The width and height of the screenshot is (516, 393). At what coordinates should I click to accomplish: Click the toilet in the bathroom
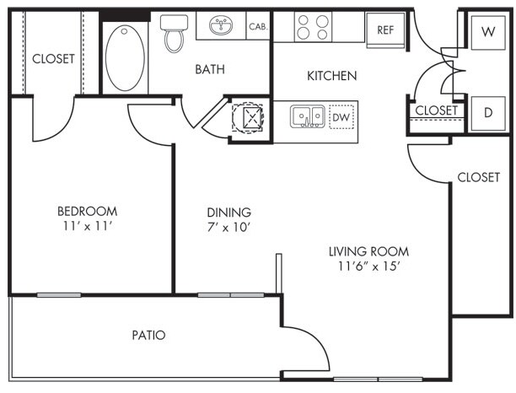[174, 33]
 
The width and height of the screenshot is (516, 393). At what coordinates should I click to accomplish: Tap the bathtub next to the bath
[125, 58]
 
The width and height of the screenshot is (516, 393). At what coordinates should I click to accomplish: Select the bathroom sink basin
[221, 25]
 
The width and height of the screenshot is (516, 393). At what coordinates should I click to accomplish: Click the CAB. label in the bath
[258, 26]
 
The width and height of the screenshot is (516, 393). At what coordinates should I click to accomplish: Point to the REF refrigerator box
[385, 30]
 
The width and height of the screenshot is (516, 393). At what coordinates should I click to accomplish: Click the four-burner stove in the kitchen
[313, 27]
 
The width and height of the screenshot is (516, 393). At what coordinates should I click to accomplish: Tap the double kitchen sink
[308, 116]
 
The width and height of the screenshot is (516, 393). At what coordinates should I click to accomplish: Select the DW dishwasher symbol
[341, 117]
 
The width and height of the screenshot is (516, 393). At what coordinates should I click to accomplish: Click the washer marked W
[488, 32]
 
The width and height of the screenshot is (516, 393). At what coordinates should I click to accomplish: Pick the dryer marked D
[488, 113]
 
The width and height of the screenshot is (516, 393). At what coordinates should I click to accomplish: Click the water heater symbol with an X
[248, 117]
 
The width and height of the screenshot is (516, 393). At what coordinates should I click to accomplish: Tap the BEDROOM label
[87, 211]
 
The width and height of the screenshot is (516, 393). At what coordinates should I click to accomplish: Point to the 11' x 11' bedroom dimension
[88, 226]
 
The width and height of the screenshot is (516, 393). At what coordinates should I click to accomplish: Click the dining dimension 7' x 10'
[229, 227]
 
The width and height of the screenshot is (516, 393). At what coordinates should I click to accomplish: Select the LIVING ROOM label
[369, 252]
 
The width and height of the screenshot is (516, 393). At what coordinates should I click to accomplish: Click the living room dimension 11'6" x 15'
[369, 266]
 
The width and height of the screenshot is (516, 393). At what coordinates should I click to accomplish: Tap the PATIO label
[148, 335]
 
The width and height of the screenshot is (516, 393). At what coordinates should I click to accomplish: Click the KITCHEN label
[331, 76]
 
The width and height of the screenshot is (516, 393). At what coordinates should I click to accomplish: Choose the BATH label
[210, 69]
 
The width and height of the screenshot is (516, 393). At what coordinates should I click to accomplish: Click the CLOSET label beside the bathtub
[53, 59]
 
